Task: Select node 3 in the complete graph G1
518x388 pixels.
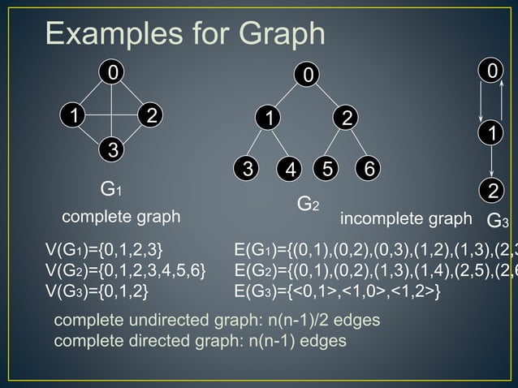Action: [114, 150]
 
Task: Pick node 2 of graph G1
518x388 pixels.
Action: [150, 114]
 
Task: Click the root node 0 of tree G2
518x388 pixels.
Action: [307, 75]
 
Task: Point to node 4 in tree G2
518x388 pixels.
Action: [289, 170]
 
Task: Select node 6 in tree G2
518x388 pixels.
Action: [369, 170]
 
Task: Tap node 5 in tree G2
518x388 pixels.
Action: [328, 170]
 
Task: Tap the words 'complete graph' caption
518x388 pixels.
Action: [122, 218]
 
